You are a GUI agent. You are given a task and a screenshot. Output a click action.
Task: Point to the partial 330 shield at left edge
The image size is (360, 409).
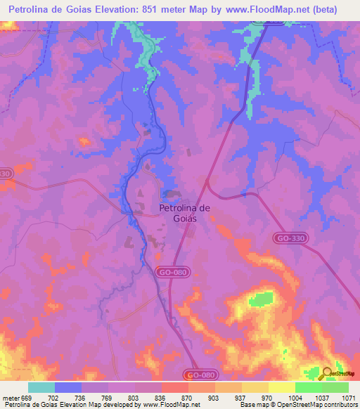point(6,174)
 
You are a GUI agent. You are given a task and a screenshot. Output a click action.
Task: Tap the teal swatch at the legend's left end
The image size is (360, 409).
point(41,387)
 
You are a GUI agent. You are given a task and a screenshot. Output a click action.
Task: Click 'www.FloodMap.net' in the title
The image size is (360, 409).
point(269,10)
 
